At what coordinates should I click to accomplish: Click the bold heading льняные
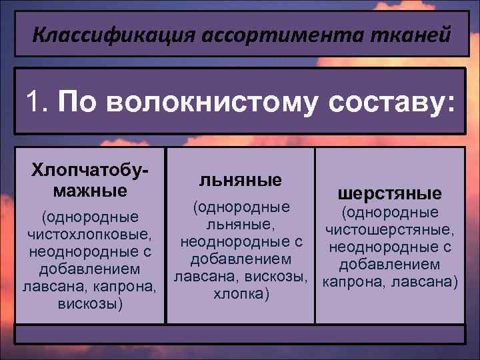tap(241, 179)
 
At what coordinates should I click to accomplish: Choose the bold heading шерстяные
tap(390, 193)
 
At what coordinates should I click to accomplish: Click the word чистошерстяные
tap(390, 230)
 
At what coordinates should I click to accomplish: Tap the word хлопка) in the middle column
tap(241, 293)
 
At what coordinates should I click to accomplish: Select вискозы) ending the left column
tap(89, 304)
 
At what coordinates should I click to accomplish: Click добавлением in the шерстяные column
tap(390, 265)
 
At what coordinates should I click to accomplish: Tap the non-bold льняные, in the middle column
tap(241, 223)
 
